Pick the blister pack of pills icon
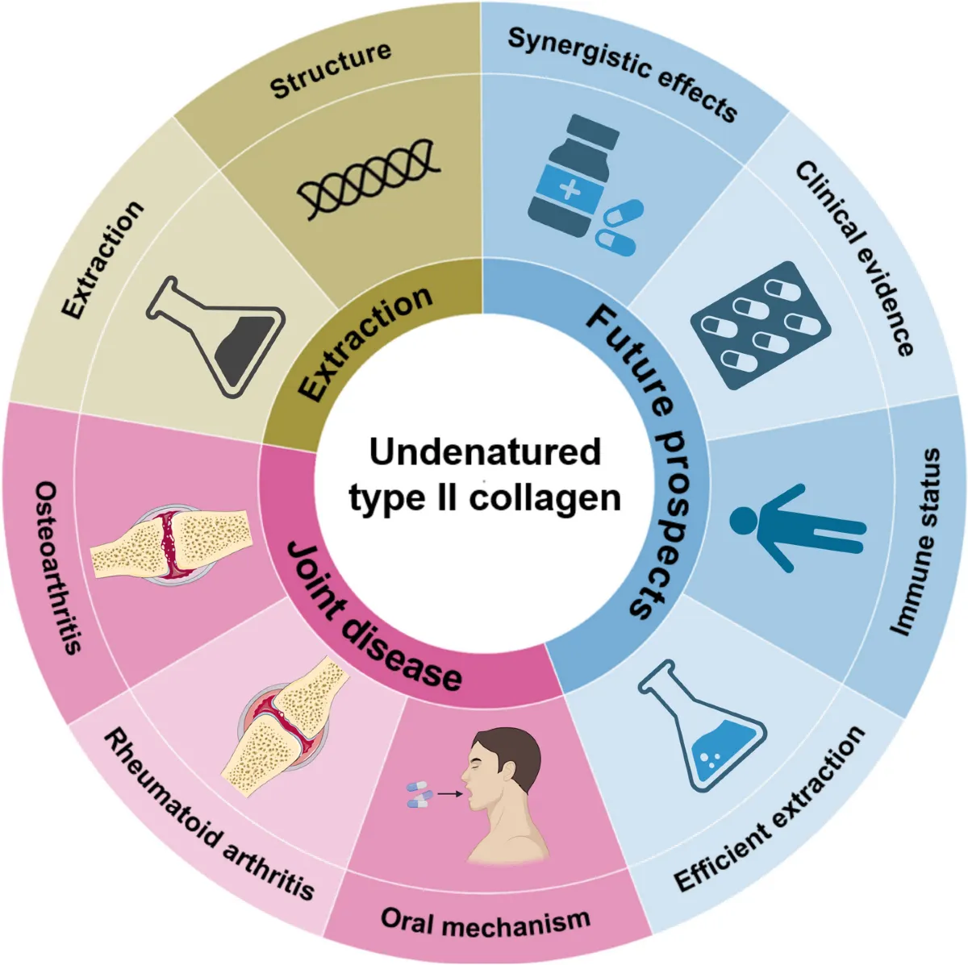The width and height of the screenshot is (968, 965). [x=760, y=325]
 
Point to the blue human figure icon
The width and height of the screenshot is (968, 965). [x=795, y=528]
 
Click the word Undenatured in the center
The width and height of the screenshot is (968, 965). [x=485, y=451]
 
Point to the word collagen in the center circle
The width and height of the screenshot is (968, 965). [x=545, y=497]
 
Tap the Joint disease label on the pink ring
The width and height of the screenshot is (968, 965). [x=372, y=618]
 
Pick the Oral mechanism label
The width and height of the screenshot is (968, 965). [x=486, y=921]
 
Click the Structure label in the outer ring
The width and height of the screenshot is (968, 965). [x=331, y=71]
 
